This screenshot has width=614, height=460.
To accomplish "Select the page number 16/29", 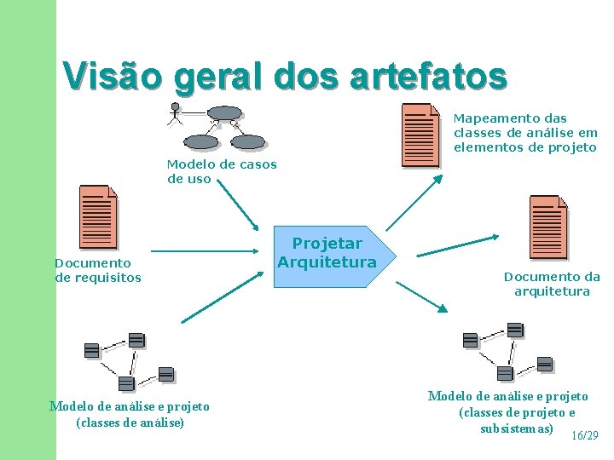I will point(584,435).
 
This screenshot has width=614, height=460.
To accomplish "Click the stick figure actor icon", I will point(176,113).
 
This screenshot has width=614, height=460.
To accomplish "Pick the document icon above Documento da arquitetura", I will point(547,226).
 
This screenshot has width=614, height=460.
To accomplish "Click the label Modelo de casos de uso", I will point(221,171).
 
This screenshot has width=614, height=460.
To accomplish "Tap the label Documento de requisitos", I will point(97,270).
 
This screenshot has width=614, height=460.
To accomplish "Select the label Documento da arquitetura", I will point(552,284).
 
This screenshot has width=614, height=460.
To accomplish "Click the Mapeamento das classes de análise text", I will point(524,133).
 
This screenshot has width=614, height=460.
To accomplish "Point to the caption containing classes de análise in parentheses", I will point(130,414).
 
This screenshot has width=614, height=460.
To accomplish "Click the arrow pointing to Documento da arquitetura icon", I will point(458,245).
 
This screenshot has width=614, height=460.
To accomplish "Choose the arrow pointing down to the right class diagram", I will point(422,296).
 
